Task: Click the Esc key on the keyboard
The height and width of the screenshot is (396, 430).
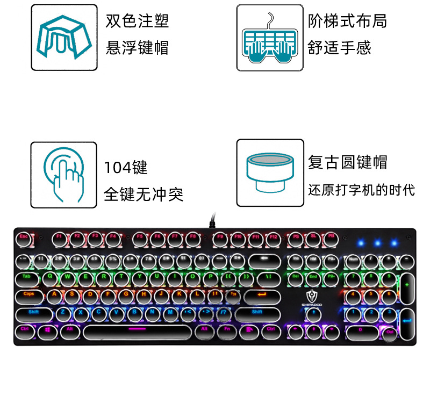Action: (x=24, y=236)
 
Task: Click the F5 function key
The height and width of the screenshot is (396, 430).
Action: (x=140, y=236)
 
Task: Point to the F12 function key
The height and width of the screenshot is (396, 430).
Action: (x=274, y=236)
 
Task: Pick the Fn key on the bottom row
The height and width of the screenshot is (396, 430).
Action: (x=227, y=329)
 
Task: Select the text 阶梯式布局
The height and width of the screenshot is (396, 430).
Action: (x=347, y=21)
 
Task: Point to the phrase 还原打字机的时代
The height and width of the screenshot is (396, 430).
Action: (x=361, y=190)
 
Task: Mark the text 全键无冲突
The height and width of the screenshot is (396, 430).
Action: (x=144, y=194)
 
